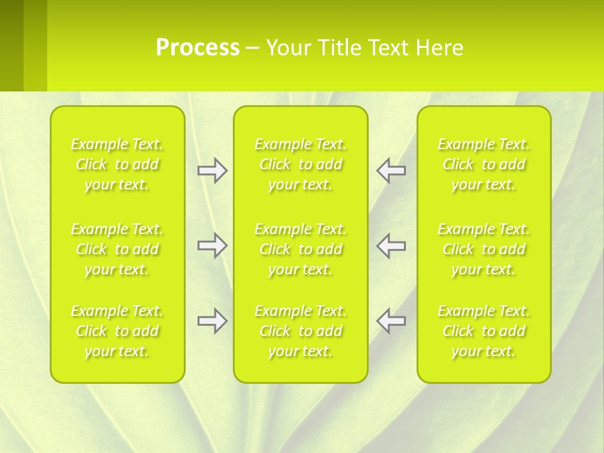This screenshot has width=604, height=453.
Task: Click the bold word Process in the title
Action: click(x=198, y=48)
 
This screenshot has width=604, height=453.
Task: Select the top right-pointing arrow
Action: click(x=212, y=171)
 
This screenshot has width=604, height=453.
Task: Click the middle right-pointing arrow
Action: click(x=212, y=245)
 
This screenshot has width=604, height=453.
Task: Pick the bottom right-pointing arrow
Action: click(x=212, y=321)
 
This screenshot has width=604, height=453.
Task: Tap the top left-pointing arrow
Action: click(x=391, y=171)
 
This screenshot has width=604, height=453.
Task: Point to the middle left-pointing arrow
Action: click(x=391, y=245)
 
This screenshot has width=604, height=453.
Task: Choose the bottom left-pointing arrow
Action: click(x=391, y=321)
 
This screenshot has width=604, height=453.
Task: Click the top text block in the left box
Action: click(x=117, y=164)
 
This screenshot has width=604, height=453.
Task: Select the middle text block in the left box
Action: click(x=117, y=249)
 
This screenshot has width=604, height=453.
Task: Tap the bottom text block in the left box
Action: click(x=117, y=331)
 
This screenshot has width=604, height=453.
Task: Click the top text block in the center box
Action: click(x=301, y=164)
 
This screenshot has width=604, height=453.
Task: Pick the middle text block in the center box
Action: click(x=301, y=249)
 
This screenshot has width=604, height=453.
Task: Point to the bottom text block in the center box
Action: click(x=301, y=331)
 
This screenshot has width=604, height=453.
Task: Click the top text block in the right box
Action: click(x=484, y=164)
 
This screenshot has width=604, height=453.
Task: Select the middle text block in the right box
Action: click(x=484, y=249)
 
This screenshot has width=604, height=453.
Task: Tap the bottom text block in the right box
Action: click(x=484, y=331)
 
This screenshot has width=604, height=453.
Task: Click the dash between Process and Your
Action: click(x=253, y=49)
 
